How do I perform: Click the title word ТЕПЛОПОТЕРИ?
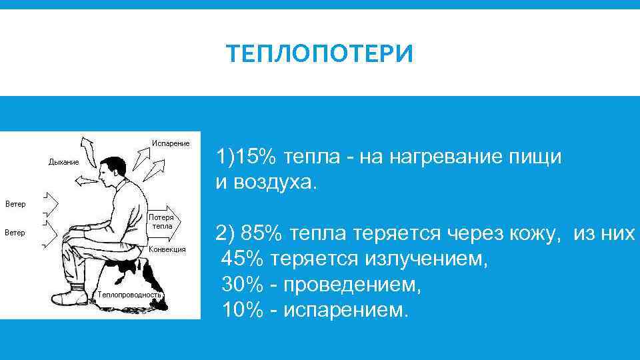[x=319, y=54]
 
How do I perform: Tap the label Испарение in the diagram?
[x=171, y=143]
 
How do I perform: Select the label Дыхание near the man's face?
[x=63, y=162]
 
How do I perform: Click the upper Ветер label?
[x=15, y=203]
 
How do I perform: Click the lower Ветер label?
[x=15, y=233]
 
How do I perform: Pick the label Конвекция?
[x=167, y=249]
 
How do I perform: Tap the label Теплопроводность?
[x=129, y=294]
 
